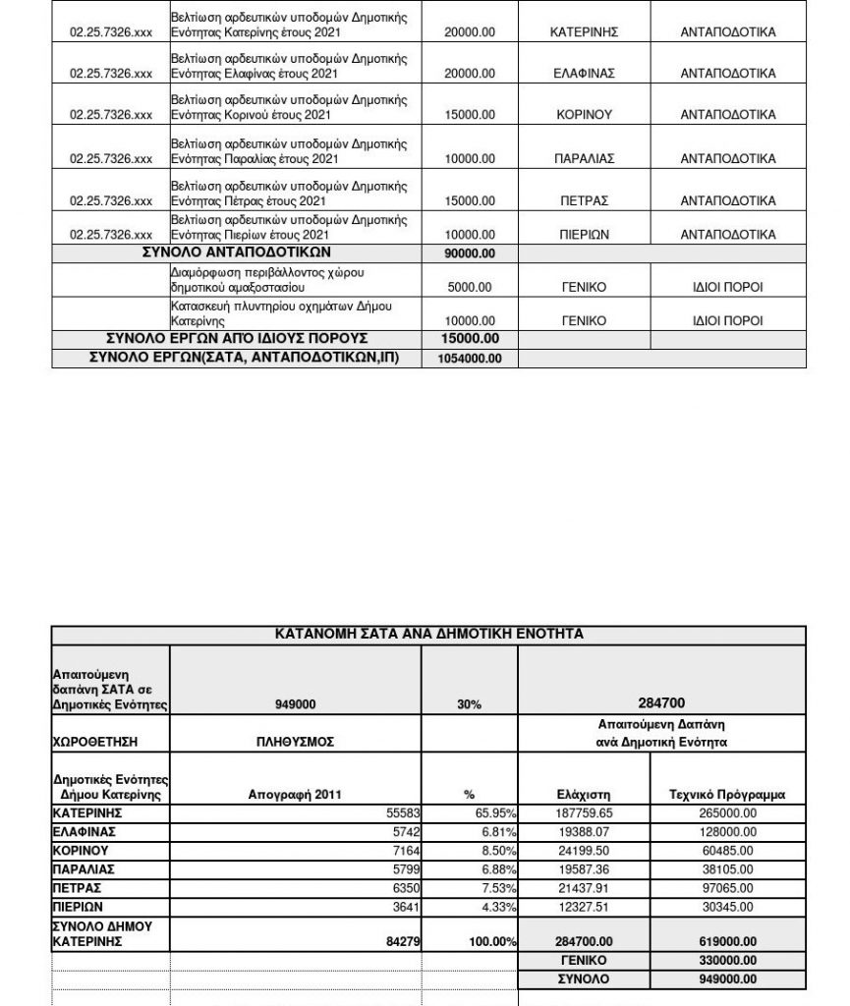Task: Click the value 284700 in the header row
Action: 661,703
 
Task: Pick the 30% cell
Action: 470,704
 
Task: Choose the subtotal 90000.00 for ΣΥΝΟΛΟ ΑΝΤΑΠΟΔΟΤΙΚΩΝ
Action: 470,253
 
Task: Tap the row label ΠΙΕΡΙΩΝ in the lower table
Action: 78,907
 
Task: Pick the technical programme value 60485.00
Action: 726,851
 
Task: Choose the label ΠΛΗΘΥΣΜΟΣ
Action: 295,742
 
